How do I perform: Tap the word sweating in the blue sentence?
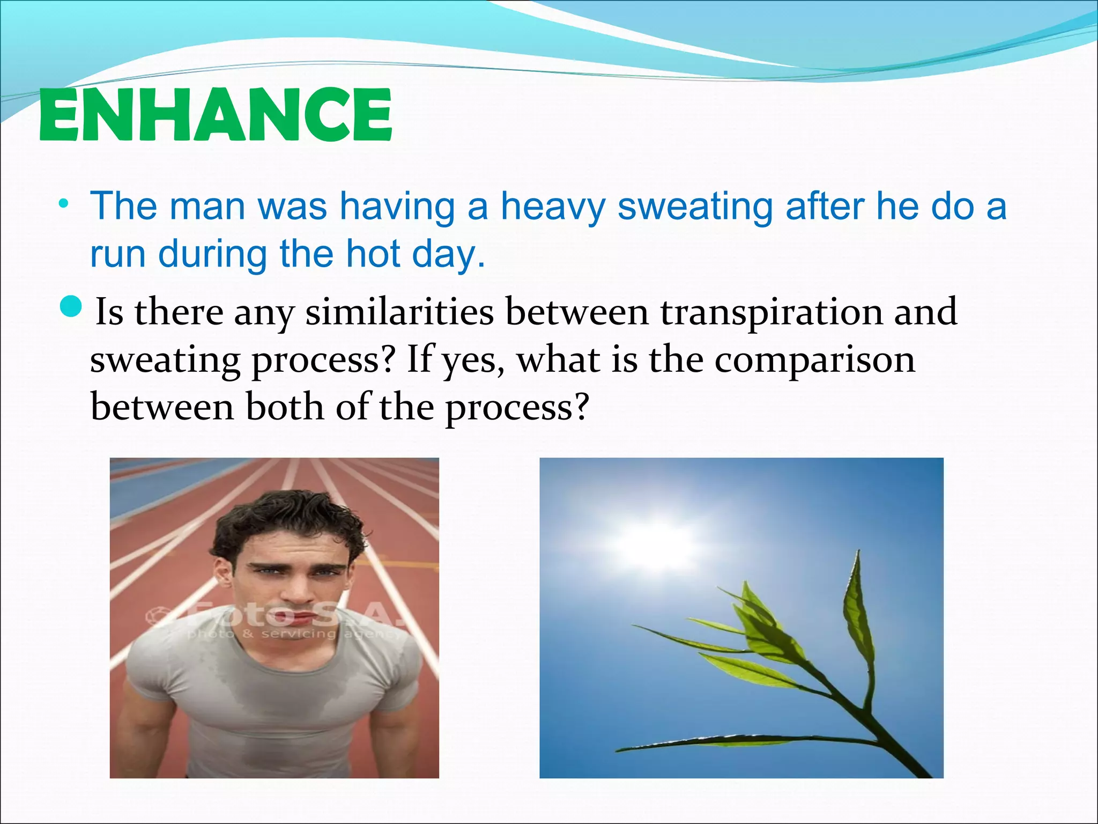click(695, 207)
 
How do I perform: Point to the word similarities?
click(399, 312)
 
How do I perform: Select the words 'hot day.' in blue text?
click(416, 254)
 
